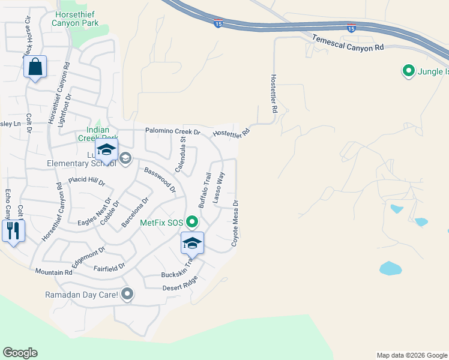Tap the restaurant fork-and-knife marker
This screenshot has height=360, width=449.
(x=13, y=230)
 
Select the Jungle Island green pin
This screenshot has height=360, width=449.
(x=409, y=71)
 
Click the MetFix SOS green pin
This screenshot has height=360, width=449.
(x=192, y=223)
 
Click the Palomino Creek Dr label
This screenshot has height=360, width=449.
(x=172, y=131)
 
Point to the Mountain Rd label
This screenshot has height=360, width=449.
(x=53, y=272)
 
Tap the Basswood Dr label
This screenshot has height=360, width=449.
(x=160, y=179)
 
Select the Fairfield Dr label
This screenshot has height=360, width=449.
(x=109, y=266)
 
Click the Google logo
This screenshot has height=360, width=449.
(x=20, y=353)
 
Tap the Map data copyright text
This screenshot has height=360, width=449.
(x=412, y=355)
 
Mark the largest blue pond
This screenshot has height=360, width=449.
(x=390, y=268)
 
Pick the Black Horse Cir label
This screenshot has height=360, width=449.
(x=28, y=40)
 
